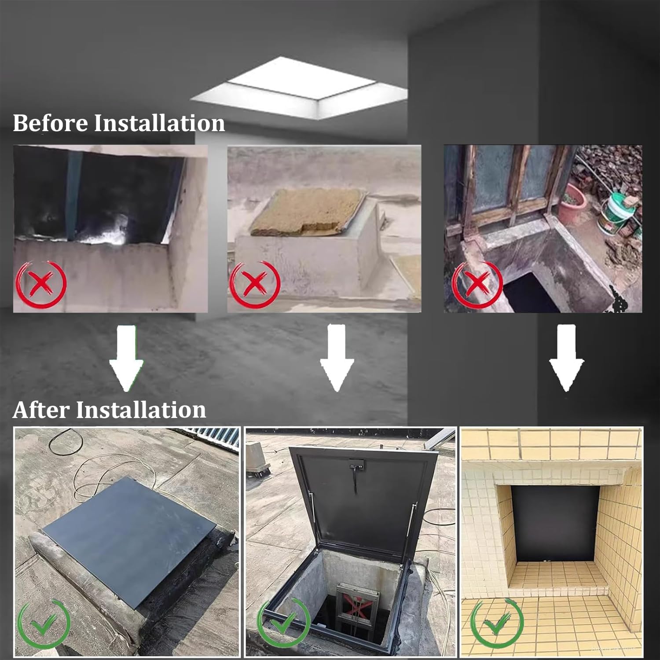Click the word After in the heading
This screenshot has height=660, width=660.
click(41, 410)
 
